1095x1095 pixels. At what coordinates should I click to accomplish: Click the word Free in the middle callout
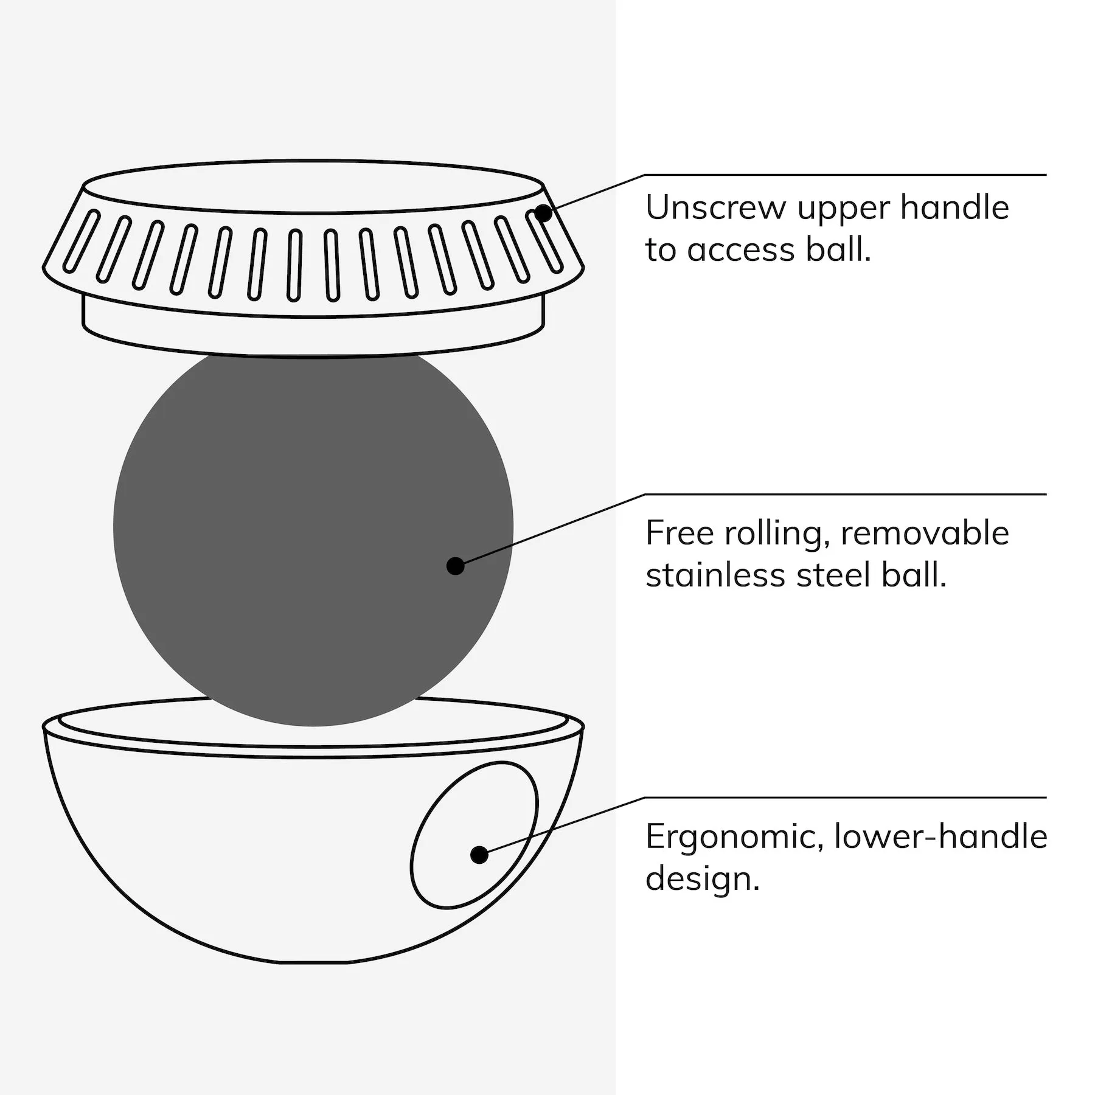(679, 533)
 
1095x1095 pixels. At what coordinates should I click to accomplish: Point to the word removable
(925, 533)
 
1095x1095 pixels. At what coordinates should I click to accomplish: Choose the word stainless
(715, 575)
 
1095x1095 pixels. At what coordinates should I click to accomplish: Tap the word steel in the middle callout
(833, 575)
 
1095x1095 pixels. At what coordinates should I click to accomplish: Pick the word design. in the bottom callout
(703, 880)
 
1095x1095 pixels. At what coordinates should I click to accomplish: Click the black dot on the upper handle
(543, 214)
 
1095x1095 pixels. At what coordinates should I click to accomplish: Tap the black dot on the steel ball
(456, 566)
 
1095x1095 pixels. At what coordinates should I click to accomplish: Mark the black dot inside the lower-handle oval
(479, 855)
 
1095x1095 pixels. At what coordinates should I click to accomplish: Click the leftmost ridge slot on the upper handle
(82, 240)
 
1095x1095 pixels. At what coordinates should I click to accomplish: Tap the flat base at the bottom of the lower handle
(313, 962)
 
